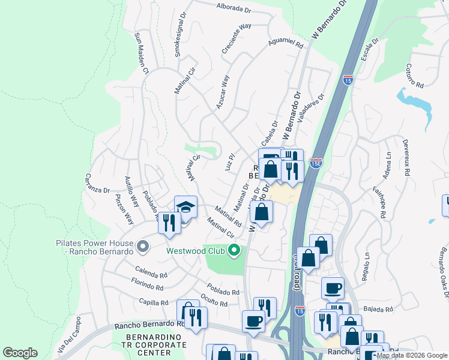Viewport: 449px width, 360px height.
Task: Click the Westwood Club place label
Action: tap(196, 250)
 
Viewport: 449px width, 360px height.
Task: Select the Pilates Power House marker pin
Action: tap(142, 246)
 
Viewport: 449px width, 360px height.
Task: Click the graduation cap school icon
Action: tap(185, 208)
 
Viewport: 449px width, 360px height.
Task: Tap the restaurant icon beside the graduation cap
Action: tap(169, 223)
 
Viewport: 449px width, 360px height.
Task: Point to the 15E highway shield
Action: tap(316, 163)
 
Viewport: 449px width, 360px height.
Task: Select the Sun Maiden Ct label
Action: tap(142, 53)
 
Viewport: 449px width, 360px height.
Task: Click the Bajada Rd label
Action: tap(380, 310)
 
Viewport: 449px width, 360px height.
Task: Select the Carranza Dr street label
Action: tap(97, 182)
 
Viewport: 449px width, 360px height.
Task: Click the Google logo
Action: tap(20, 353)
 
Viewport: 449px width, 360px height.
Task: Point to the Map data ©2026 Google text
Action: tap(412, 355)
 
